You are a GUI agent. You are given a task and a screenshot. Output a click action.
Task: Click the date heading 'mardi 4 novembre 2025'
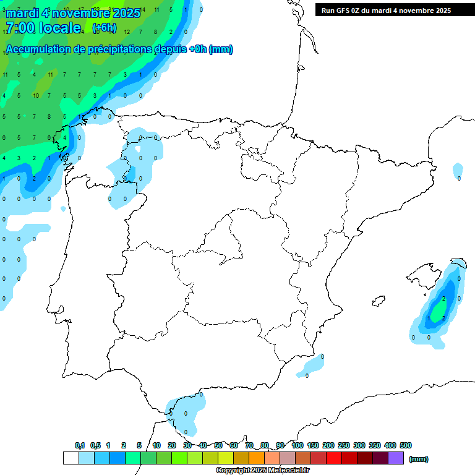73,13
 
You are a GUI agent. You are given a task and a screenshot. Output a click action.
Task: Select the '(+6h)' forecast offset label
104,28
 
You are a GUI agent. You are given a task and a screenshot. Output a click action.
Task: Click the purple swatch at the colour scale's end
396,458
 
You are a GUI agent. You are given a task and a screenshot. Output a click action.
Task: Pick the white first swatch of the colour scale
71,458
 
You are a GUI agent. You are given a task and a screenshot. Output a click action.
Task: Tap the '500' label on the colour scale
406,445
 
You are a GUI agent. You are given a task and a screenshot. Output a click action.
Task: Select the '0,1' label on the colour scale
80,445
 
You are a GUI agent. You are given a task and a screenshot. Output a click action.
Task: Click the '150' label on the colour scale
313,445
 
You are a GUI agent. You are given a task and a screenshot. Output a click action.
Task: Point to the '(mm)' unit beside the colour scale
419,459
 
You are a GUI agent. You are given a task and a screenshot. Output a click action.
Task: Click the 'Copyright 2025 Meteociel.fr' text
263,471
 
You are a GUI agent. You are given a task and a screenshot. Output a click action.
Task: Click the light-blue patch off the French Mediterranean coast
458,169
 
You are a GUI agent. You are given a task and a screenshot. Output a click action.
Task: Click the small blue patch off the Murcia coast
310,366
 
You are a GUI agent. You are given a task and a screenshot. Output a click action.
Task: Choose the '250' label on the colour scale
344,445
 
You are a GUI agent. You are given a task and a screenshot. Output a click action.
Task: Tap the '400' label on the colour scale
390,445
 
